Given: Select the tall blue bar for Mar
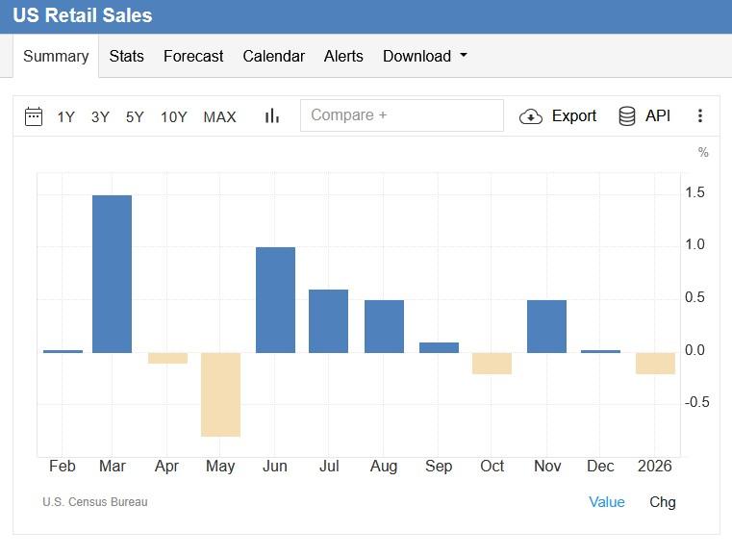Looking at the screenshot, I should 112,273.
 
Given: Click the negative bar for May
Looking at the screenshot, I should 220,394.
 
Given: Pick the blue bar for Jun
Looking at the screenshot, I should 275,299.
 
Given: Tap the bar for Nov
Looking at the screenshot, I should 546,326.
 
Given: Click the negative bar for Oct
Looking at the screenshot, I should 492,363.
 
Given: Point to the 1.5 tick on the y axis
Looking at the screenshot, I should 694,193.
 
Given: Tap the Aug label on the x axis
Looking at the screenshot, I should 384,467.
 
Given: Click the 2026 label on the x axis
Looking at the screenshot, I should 655,467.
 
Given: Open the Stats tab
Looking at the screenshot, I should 126,57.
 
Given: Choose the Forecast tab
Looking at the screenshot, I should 193,57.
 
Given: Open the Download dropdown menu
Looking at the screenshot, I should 424,57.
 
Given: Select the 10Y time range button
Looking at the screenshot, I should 173,117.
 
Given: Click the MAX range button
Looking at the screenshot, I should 219,117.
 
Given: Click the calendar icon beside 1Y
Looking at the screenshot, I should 34,116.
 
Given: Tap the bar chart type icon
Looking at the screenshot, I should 272,116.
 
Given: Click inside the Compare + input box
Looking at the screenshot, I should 401,115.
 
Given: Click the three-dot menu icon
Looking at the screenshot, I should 700,116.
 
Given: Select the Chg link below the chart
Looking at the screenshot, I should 663,502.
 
